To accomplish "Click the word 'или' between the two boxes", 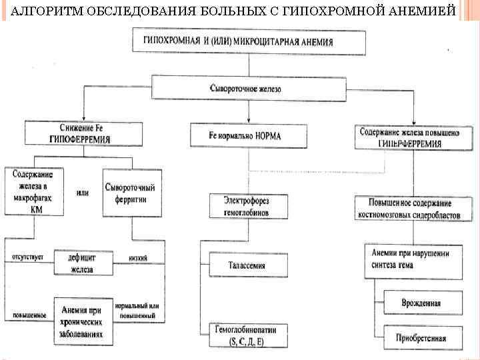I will [x=83, y=193].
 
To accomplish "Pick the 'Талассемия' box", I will [x=247, y=265].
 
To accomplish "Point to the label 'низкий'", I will [x=139, y=258].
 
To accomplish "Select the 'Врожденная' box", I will [x=421, y=303].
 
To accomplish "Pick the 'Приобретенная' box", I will [x=421, y=337].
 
